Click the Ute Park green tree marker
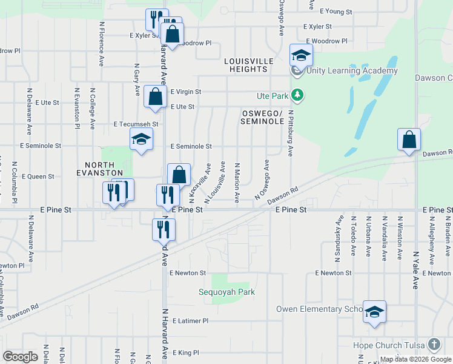297,95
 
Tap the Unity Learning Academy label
352,70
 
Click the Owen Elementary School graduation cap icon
374,312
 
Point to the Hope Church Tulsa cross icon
434,345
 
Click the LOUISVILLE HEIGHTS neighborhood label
246,65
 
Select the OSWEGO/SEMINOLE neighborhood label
263,118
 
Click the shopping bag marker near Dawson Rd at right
409,139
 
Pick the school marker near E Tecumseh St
141,140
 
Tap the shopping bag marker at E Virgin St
156,96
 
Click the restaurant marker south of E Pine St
164,229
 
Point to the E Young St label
336,12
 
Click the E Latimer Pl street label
190,320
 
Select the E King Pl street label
186,352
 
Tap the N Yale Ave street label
415,270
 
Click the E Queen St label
38,177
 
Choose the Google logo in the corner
20,356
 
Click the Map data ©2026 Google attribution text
415,359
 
